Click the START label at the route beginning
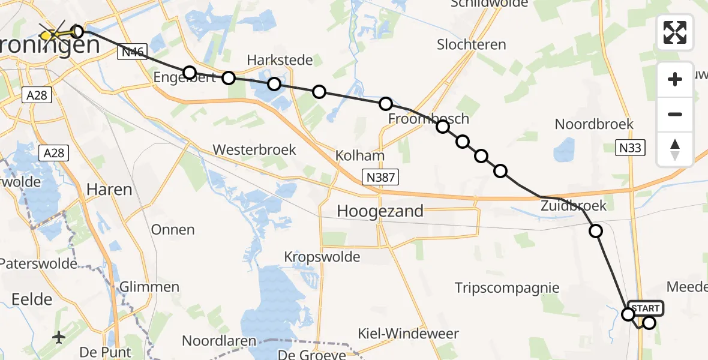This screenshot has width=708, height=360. tap(646, 308)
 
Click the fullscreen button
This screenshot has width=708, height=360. tap(675, 32)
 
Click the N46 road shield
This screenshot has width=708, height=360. tap(132, 52)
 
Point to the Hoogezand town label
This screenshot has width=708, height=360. tap(380, 211)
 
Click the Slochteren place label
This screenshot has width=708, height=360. tap(471, 44)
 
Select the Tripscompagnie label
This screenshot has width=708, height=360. tap(507, 288)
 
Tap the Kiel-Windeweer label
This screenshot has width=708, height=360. tap(416, 334)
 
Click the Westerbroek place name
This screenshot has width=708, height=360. tap(254, 149)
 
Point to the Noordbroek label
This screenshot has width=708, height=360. tap(593, 124)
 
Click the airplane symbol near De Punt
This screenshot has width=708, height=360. tap(59, 337)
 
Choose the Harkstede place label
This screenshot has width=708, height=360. tap(280, 60)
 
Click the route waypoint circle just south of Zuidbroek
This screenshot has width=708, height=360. tap(595, 231)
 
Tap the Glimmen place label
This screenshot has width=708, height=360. tap(149, 287)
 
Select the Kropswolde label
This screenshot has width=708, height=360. tap(322, 257)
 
